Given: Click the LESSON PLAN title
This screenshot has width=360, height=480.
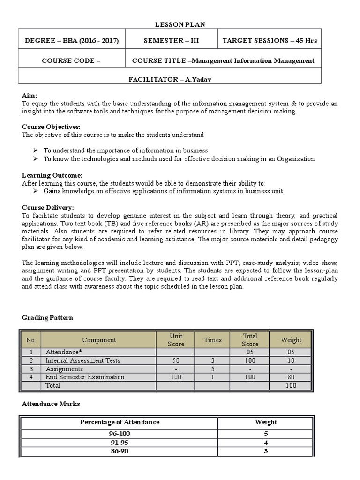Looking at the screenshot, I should (x=180, y=24).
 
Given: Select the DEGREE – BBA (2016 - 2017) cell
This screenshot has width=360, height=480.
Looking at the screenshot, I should (x=72, y=41).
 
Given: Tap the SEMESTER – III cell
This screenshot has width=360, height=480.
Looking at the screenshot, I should (x=171, y=41).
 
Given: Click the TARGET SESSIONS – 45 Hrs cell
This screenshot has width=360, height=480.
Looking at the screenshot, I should (x=270, y=41).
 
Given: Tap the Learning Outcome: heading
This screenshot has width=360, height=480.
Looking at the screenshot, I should (x=52, y=175).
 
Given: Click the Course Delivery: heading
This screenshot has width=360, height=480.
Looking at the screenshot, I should (x=48, y=207).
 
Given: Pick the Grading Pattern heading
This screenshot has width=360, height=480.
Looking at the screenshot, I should (x=47, y=318).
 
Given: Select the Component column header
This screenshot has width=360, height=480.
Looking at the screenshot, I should (x=99, y=340).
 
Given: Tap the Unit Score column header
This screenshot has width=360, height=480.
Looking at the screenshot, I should (x=176, y=340).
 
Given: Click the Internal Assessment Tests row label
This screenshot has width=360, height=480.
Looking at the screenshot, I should (x=82, y=360).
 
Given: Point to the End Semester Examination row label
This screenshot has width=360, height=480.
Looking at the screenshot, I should (x=85, y=377).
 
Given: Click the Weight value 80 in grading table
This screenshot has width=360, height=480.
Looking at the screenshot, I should (x=291, y=377).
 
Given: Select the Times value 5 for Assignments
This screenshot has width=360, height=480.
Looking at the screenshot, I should (x=212, y=369).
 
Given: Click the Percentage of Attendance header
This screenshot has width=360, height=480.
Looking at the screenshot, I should (x=120, y=422).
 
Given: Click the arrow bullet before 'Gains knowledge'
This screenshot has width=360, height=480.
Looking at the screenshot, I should (x=36, y=191).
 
